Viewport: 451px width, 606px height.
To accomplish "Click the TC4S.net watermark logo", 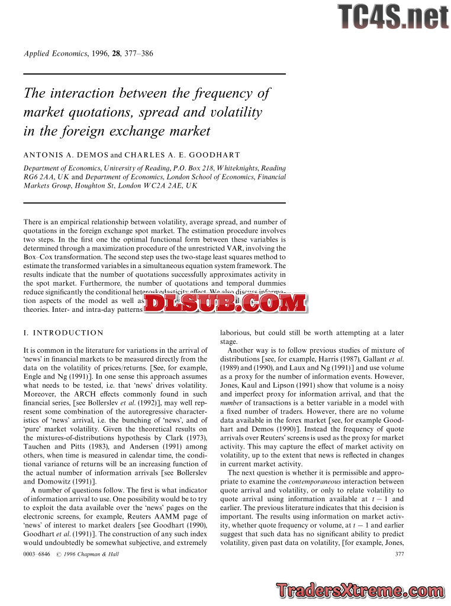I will (393, 17).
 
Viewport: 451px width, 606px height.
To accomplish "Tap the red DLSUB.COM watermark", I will (225, 304).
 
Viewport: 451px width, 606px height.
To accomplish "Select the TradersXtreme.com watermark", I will (359, 590).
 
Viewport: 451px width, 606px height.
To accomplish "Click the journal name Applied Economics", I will (55, 54).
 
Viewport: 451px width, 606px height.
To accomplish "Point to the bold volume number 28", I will (117, 54).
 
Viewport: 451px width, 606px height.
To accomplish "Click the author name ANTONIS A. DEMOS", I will (66, 155).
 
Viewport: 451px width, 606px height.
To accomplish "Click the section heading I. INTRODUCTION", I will (63, 333).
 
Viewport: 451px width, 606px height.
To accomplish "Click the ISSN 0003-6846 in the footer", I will (36, 554).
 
